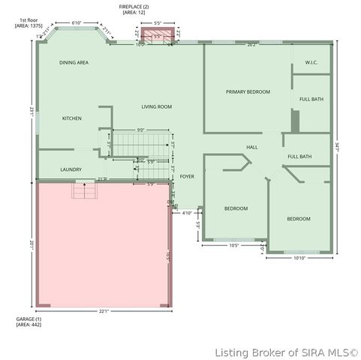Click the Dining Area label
(x=74, y=63)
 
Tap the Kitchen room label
(x=72, y=118)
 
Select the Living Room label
(x=157, y=107)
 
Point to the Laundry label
(x=71, y=169)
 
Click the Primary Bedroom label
(x=248, y=91)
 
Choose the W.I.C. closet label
(x=311, y=63)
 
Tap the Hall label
(x=252, y=147)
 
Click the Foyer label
(x=187, y=177)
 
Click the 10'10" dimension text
(x=299, y=259)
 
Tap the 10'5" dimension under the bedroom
(x=233, y=245)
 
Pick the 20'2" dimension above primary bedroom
(x=251, y=45)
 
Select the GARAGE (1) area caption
(x=29, y=322)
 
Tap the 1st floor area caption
(x=29, y=23)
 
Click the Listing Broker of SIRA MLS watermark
(x=286, y=352)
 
